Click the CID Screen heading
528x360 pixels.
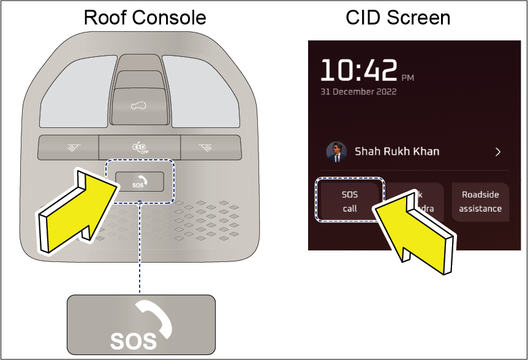click(x=398, y=17)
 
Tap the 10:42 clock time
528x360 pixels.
click(x=359, y=72)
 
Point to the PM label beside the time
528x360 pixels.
click(x=407, y=78)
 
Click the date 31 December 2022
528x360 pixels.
click(x=358, y=92)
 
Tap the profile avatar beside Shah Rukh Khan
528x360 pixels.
click(x=334, y=151)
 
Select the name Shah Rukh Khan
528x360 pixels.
click(x=397, y=151)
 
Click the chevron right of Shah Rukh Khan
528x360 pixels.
click(x=498, y=152)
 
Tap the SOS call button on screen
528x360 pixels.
click(x=349, y=201)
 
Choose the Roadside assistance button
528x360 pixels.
click(x=481, y=201)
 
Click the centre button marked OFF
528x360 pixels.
click(x=140, y=147)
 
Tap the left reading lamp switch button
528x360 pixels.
click(x=68, y=147)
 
